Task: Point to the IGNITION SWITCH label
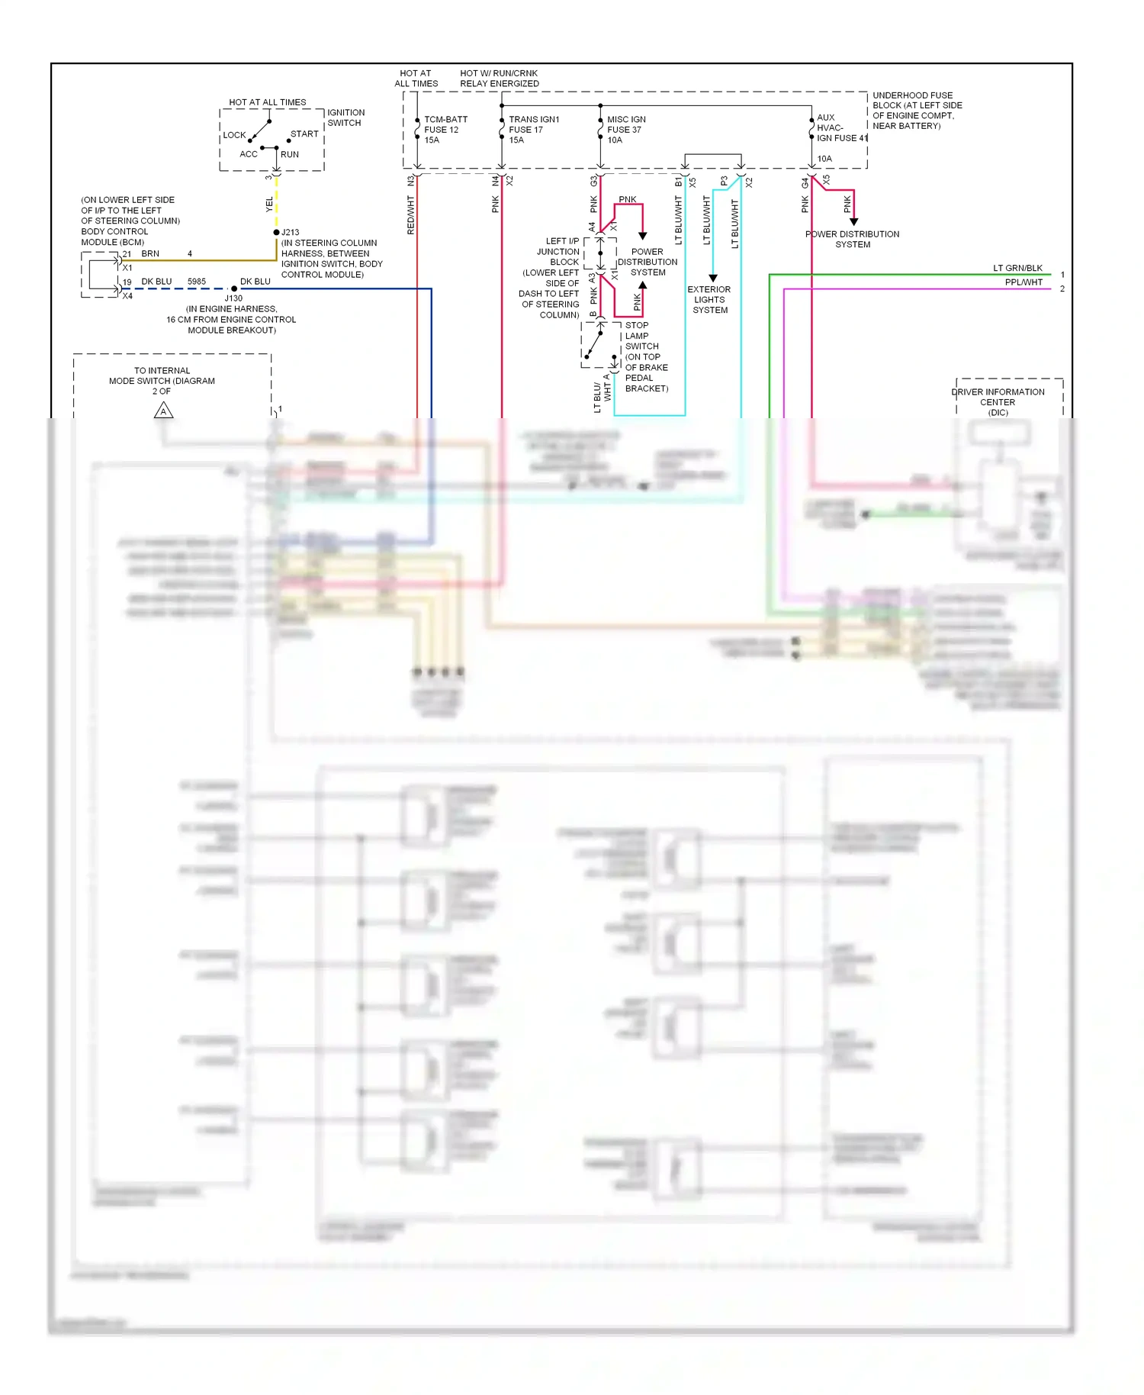(345, 117)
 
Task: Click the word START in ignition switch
(304, 134)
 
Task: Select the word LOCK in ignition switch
(234, 135)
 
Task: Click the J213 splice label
(290, 232)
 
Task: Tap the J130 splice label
(233, 298)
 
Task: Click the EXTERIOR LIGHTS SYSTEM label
(709, 299)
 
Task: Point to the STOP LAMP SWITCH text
(638, 336)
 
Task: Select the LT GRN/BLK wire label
(1017, 268)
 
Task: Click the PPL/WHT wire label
(1023, 282)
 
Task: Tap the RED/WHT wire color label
(410, 215)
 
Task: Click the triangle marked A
(163, 411)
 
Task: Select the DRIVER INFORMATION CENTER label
(998, 401)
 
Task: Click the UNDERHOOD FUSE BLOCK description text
(917, 111)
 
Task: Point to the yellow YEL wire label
(269, 204)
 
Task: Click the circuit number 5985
(197, 282)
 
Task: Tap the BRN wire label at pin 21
(150, 253)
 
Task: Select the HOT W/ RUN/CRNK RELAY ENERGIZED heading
(499, 79)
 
